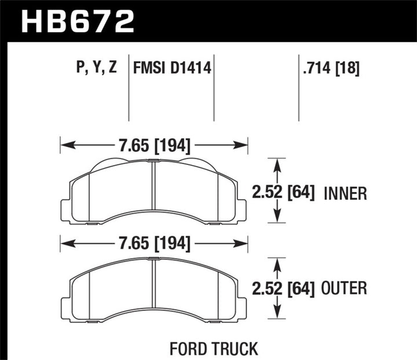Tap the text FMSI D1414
171,69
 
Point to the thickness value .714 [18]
330,69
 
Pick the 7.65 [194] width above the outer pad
154,244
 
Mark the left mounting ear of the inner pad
65,211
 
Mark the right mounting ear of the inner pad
240,211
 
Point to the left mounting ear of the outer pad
65,307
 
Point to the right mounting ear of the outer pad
240,307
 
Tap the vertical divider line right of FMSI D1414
214,90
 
